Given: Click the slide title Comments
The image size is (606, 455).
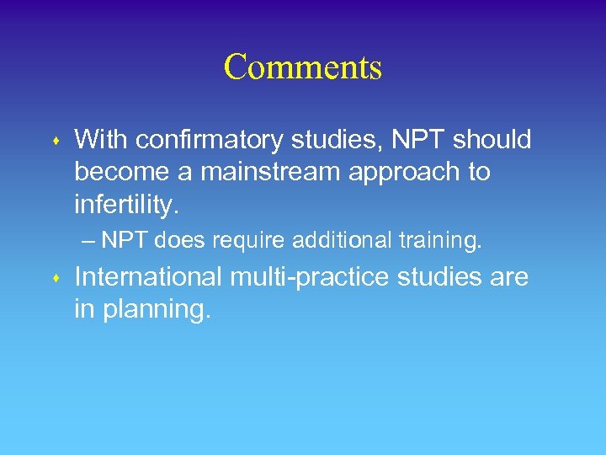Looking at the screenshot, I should point(303,67).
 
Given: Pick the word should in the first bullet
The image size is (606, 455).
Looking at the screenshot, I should point(492,139).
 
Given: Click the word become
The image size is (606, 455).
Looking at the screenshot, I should point(122,172).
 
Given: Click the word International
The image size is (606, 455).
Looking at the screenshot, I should point(148,276).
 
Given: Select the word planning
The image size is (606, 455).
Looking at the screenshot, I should point(157,310).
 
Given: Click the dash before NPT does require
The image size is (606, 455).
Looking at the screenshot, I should point(89,241).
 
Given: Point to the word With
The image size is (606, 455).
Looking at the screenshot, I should point(101,139).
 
